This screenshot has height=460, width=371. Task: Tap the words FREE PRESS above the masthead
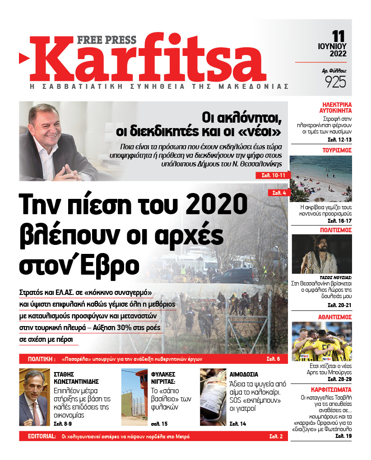tap(107, 40)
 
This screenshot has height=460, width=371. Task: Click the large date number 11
tap(339, 36)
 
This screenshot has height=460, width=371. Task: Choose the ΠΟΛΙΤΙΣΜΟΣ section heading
tap(334, 230)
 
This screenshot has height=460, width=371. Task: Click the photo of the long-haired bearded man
tap(320, 254)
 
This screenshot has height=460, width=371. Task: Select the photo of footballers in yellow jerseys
tap(320, 342)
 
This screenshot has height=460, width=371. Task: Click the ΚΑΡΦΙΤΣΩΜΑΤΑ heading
tap(331, 389)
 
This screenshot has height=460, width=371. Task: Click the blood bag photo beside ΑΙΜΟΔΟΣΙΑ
tap(213, 397)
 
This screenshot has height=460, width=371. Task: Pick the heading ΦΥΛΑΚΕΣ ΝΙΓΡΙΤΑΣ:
tap(162, 378)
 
